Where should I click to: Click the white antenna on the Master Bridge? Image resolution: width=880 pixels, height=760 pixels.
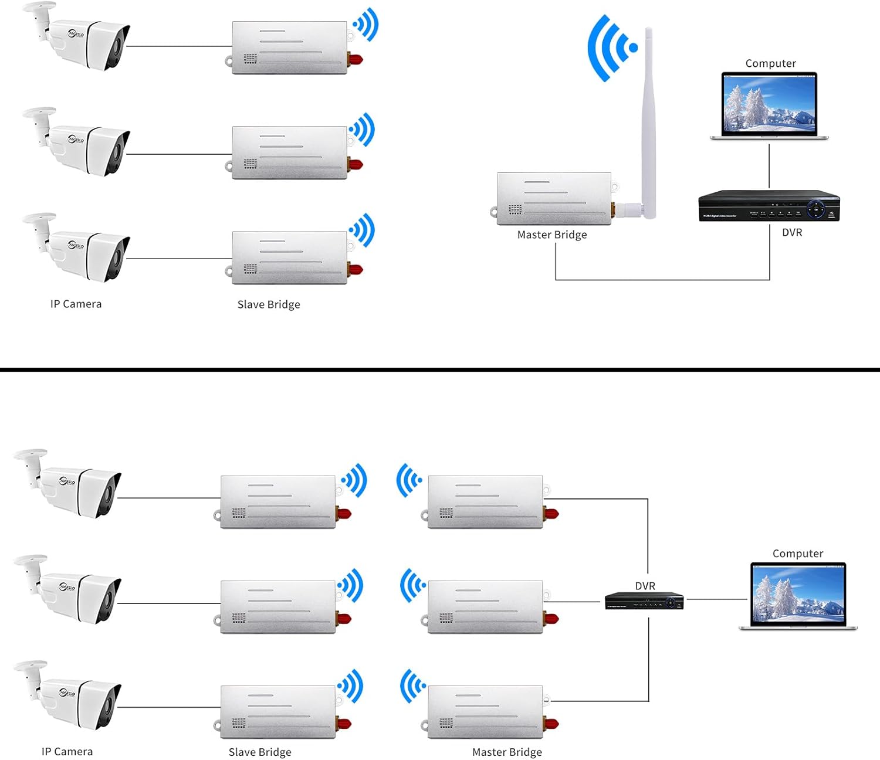[648, 117]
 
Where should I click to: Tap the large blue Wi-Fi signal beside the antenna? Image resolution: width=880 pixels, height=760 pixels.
[608, 48]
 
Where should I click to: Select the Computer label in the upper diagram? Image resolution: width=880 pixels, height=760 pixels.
[770, 63]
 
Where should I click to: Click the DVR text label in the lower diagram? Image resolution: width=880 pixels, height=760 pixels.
[645, 586]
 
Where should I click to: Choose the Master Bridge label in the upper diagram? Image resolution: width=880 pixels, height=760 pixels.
[551, 235]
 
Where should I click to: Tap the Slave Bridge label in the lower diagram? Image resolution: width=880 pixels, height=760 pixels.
[260, 752]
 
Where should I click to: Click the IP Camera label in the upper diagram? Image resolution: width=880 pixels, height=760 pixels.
[76, 304]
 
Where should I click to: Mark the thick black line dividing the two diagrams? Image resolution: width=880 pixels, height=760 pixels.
[440, 369]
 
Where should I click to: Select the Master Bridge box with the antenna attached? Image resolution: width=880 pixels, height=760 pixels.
[554, 199]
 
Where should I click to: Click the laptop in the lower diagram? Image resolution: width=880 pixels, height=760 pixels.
[798, 595]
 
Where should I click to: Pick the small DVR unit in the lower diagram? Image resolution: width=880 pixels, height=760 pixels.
[644, 601]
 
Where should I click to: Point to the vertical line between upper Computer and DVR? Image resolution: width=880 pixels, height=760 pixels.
[769, 167]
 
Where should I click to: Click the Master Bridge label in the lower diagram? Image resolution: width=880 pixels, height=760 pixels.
[507, 752]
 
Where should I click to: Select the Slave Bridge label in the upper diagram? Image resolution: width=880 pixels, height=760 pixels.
[269, 304]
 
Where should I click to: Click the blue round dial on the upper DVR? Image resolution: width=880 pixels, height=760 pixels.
[815, 208]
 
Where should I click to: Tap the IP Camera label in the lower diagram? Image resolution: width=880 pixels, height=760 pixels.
[67, 751]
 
